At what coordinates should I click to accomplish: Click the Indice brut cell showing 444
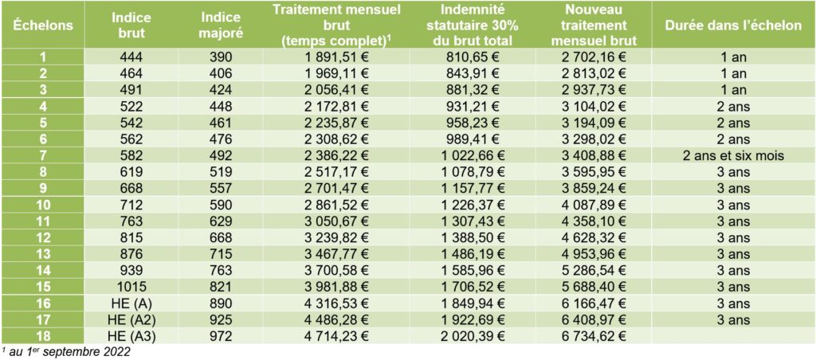(x=131, y=57)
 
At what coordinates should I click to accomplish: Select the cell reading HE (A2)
(x=131, y=319)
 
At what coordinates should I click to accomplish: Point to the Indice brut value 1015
(x=131, y=286)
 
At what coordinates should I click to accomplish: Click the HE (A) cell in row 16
(x=131, y=302)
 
